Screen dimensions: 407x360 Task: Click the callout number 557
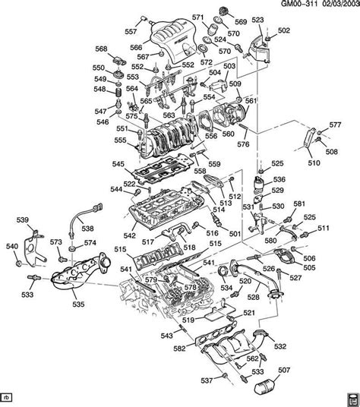click(x=131, y=32)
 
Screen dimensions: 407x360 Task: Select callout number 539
click(x=23, y=220)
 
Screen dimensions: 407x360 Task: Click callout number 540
click(x=11, y=246)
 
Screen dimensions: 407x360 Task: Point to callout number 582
click(x=179, y=348)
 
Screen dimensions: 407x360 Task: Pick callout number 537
click(x=207, y=380)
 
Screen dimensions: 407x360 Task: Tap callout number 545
click(x=118, y=164)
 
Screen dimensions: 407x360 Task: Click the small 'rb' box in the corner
click(x=7, y=398)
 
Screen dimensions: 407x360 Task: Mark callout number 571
click(x=197, y=17)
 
